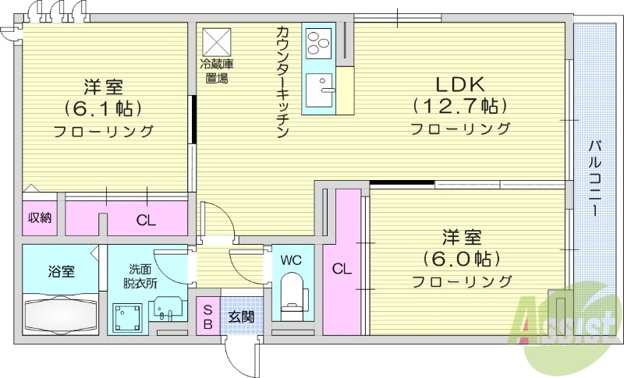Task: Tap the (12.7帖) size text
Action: point(459,105)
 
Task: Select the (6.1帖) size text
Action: point(103,108)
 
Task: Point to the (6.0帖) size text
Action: point(461,258)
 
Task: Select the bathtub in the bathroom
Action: point(62,314)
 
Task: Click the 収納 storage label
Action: point(40,217)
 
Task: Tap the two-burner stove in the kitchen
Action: point(319,44)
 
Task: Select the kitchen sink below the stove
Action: point(321,92)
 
